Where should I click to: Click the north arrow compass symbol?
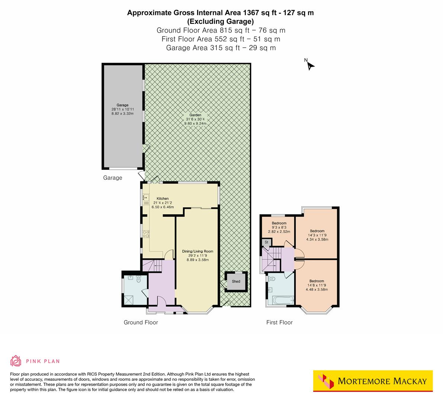point(310,65)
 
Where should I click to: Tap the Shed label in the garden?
point(236,281)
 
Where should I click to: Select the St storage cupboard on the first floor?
point(266,242)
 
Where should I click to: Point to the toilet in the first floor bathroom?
point(271,278)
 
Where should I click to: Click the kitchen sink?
point(145,198)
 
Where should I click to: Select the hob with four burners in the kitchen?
point(146,234)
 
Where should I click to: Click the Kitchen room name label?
point(163,198)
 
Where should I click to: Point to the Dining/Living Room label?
point(198,251)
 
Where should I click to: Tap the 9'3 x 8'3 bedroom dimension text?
point(279,227)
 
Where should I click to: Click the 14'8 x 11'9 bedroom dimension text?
point(317,285)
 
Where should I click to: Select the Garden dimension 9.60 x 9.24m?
point(195,123)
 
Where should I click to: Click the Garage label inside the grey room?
point(122,105)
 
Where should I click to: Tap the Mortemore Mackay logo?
point(373,381)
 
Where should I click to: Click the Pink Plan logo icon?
point(16,361)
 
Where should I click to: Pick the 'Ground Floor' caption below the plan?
point(141,322)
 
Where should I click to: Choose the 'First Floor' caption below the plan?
point(279,322)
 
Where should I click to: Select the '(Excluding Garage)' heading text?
point(221,21)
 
